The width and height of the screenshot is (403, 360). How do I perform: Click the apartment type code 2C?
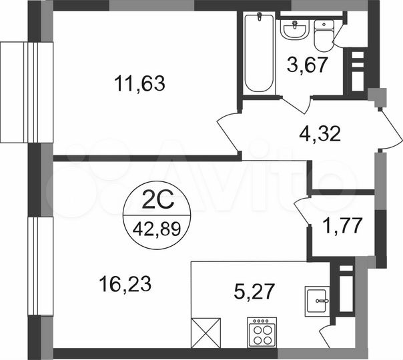(x=157, y=199)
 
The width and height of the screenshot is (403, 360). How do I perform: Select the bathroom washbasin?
(x=294, y=30)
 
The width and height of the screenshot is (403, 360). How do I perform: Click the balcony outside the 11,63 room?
(x=25, y=91)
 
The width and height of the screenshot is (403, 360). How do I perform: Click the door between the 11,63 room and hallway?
(x=227, y=130)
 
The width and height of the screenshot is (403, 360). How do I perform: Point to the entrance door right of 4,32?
(x=389, y=129)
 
